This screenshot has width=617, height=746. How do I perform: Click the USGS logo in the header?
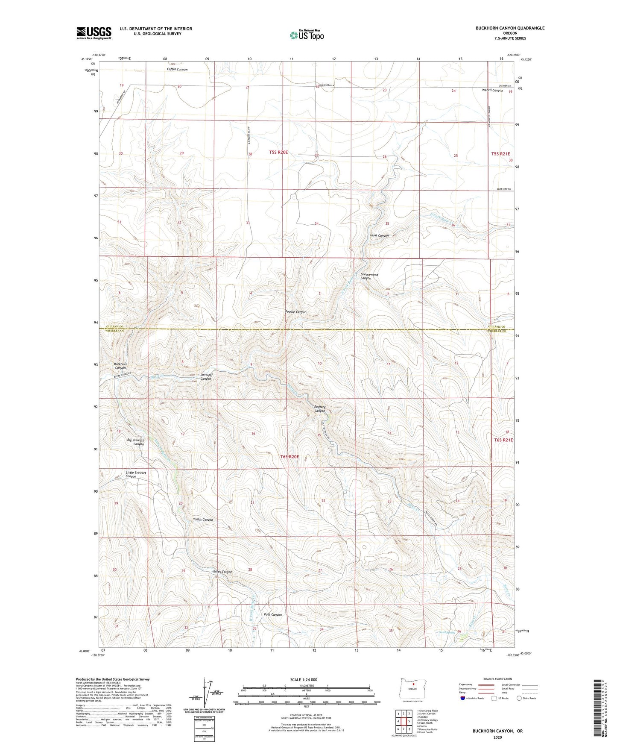point(94,33)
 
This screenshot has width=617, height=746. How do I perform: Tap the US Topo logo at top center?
point(307,35)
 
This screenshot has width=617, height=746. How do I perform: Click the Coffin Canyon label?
point(177,69)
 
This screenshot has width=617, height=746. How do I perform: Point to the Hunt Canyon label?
point(379,235)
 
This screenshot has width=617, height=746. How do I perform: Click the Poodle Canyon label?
point(296,312)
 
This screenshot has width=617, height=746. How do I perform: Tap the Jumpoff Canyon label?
point(206,376)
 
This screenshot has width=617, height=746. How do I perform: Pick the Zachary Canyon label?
point(320,409)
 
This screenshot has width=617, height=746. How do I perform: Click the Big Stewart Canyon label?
point(135,442)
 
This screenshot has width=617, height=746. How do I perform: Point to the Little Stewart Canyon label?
point(136,475)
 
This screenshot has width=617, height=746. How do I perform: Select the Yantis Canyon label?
point(203,520)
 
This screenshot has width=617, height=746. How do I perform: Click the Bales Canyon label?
point(223,572)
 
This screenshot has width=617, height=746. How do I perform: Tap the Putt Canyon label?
point(273,614)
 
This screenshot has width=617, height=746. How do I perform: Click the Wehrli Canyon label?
point(492,90)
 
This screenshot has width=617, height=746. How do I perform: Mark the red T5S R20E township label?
point(278,152)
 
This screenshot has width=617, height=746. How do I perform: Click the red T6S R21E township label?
point(503,440)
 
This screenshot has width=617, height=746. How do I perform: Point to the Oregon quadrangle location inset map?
point(412,690)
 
